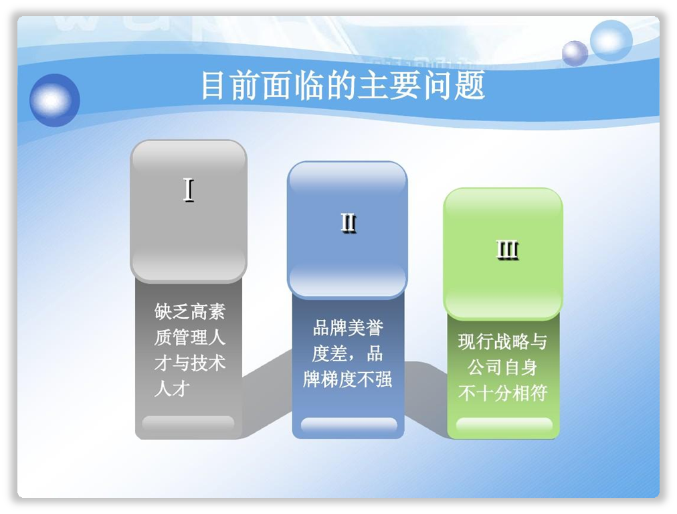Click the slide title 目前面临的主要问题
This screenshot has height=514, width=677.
click(343, 85)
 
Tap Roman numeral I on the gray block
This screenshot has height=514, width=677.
click(189, 190)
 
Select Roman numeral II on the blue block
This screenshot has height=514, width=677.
click(349, 223)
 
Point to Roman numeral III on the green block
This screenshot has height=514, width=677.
click(507, 250)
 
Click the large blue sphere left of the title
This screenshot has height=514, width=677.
click(54, 100)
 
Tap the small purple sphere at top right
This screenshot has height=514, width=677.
click(575, 53)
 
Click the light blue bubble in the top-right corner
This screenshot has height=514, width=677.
click(611, 41)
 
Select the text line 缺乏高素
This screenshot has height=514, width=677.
click(190, 311)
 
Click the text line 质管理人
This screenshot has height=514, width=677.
click(190, 337)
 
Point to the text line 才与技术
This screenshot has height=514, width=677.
click(190, 363)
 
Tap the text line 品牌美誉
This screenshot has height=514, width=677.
click(348, 328)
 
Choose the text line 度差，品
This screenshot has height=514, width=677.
click(348, 354)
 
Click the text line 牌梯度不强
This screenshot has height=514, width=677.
click(348, 379)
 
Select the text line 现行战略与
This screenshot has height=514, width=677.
click(503, 341)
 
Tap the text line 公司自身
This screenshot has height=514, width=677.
click(503, 367)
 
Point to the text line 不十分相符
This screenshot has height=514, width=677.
click(503, 393)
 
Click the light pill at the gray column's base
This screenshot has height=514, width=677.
click(188, 423)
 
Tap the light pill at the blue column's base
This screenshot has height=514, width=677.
click(349, 425)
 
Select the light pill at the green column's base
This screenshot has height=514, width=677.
click(504, 425)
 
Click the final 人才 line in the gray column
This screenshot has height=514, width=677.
click(173, 389)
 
